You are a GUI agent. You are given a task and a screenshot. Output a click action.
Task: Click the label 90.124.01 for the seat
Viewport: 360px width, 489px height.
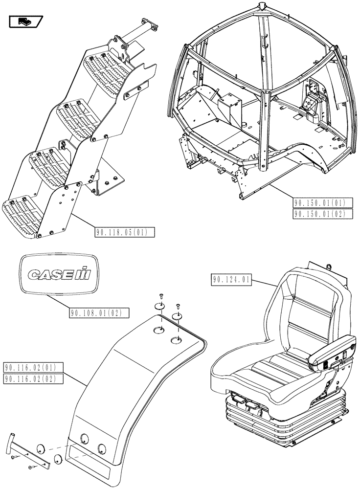[x=231, y=280]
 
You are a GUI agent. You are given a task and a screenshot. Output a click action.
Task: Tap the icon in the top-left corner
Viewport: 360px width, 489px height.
[x=26, y=22]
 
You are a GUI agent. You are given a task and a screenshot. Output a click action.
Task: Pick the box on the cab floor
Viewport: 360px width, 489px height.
[x=228, y=109]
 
